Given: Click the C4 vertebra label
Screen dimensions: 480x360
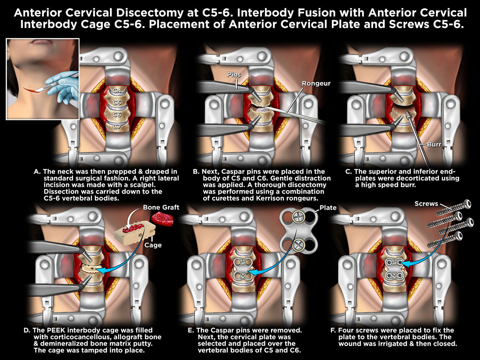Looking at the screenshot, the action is click(x=117, y=90).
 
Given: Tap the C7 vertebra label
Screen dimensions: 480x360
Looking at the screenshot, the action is click(x=117, y=126).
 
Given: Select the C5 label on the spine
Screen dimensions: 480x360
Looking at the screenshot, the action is click(x=117, y=102).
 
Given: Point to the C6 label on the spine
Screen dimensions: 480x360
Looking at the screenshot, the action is click(x=117, y=114).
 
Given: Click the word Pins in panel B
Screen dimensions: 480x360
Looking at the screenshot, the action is click(x=234, y=75).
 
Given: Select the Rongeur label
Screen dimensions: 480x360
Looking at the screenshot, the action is click(x=316, y=83).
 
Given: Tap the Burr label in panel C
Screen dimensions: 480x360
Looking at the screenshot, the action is click(x=434, y=144).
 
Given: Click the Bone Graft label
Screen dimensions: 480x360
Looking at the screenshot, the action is click(x=161, y=207).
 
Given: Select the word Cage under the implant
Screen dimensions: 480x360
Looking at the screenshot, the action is click(x=153, y=245).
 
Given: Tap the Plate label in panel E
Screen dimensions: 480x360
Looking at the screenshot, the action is click(x=328, y=208).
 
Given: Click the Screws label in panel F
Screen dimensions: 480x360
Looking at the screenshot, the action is click(x=426, y=204).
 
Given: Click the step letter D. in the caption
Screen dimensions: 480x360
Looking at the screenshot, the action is click(x=27, y=330).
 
